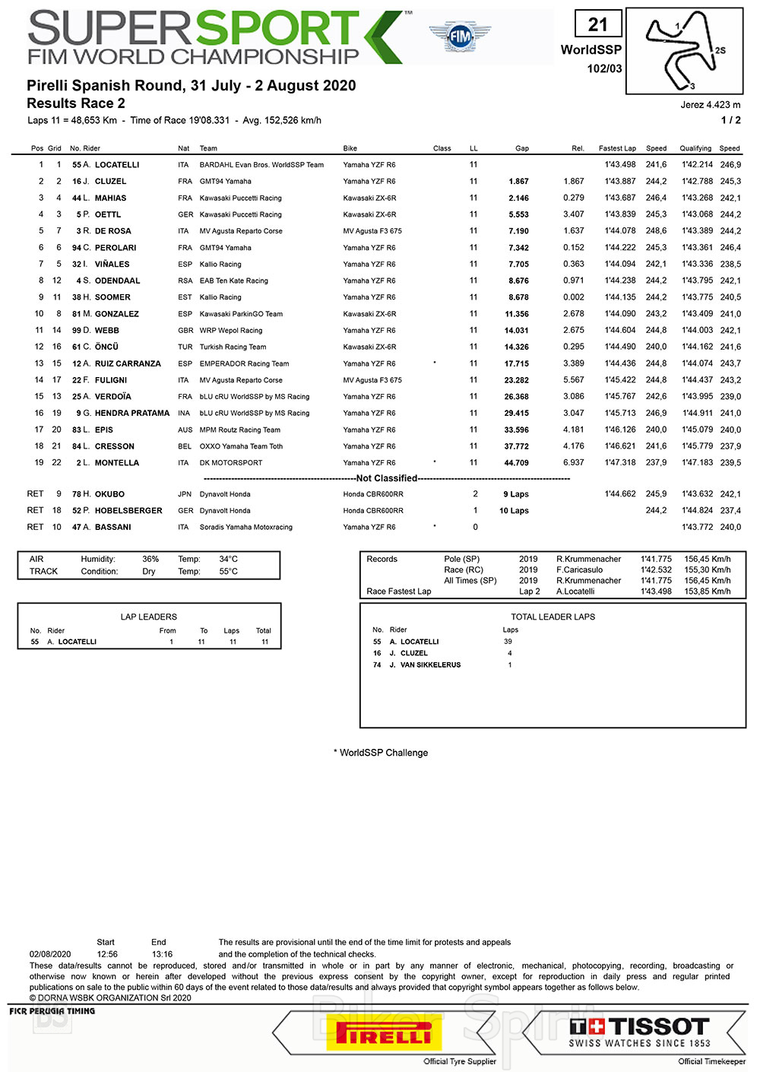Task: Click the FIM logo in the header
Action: point(460,36)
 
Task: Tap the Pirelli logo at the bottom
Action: point(384,1034)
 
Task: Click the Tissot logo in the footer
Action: point(639,1031)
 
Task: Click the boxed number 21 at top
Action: point(598,25)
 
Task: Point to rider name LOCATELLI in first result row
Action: point(117,165)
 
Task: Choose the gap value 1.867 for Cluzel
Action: point(518,182)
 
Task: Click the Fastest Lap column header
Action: point(617,148)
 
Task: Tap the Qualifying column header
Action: point(695,148)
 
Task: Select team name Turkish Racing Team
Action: point(233,347)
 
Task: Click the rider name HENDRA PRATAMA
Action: point(132,414)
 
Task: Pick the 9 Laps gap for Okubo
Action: point(516,494)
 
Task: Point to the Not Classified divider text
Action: point(387,478)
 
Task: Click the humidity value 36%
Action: point(150,559)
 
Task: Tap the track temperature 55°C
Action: point(228,571)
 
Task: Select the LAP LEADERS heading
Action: point(148,617)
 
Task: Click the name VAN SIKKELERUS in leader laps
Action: point(430,664)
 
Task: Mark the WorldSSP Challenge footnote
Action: point(381,753)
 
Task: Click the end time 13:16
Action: point(162,954)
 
